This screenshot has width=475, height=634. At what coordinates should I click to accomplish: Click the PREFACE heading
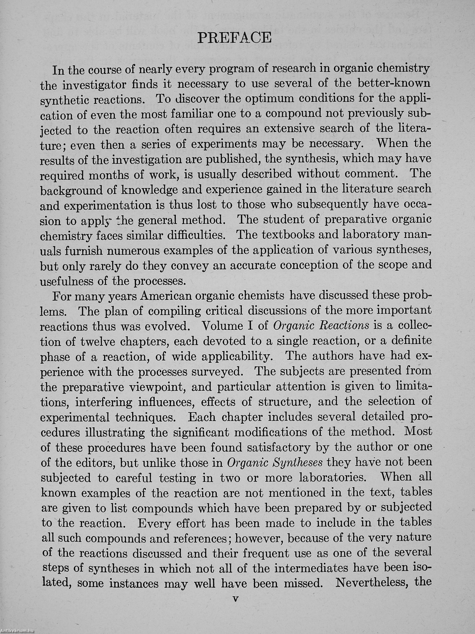pos(234,37)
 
